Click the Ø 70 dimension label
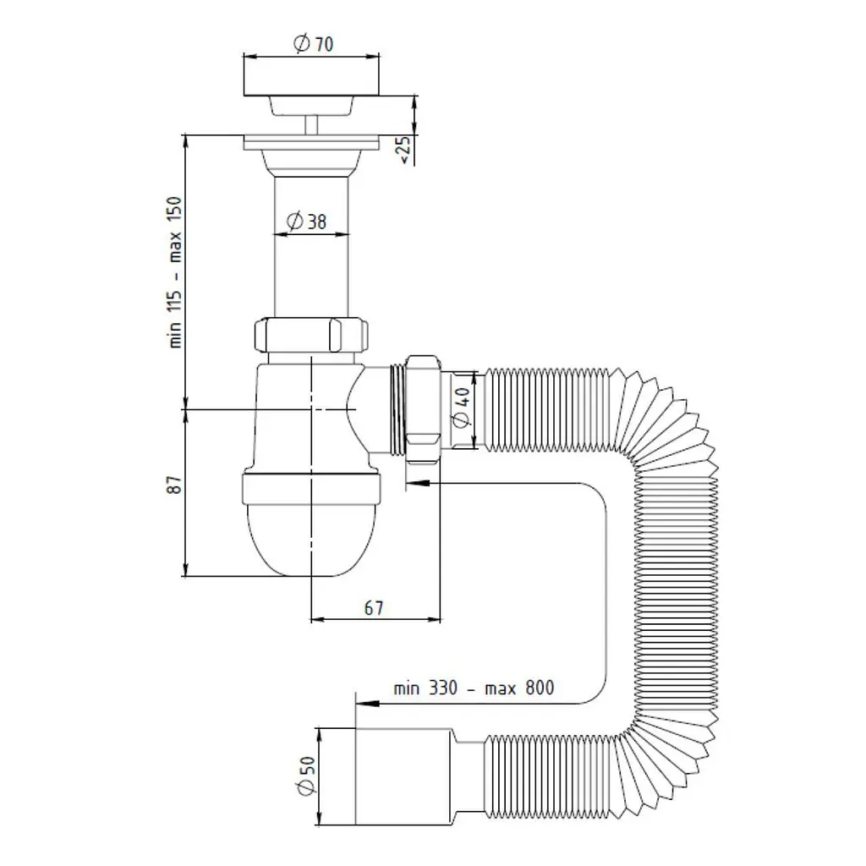[x=313, y=43]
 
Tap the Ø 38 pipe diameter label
[x=306, y=222]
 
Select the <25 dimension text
[x=405, y=150]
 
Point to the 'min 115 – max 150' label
[x=174, y=271]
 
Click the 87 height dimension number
[x=174, y=485]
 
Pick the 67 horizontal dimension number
[x=373, y=608]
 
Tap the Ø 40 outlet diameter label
[x=461, y=408]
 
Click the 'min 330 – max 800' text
[x=474, y=688]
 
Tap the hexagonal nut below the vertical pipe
[x=311, y=335]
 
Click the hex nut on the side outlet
[x=423, y=408]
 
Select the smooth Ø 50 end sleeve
[x=403, y=776]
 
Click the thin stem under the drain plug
[x=311, y=125]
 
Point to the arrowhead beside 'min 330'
[x=367, y=704]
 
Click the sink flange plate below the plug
[x=311, y=142]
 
